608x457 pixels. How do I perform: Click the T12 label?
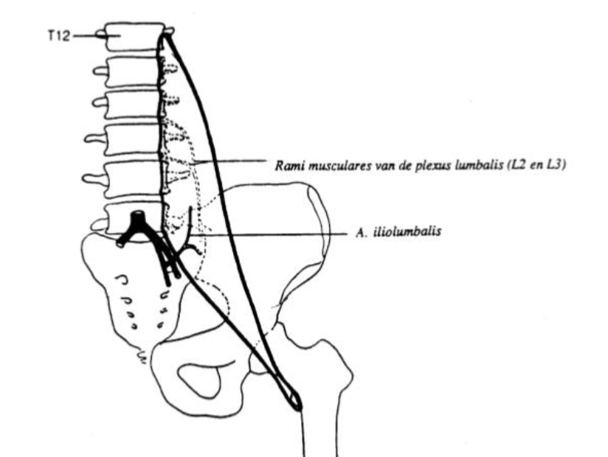pyautogui.click(x=59, y=36)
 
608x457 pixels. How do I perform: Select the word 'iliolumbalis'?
pyautogui.click(x=407, y=231)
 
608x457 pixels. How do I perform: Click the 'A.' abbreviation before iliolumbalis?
pyautogui.click(x=362, y=232)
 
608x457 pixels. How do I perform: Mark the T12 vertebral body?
pyautogui.click(x=135, y=37)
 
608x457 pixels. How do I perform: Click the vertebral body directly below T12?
pyautogui.click(x=132, y=72)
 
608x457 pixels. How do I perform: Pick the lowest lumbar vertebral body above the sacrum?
pyautogui.click(x=134, y=218)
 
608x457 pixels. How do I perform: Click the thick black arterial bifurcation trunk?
pyautogui.click(x=138, y=220)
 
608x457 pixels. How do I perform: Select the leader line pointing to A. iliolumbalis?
pyautogui.click(x=269, y=234)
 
